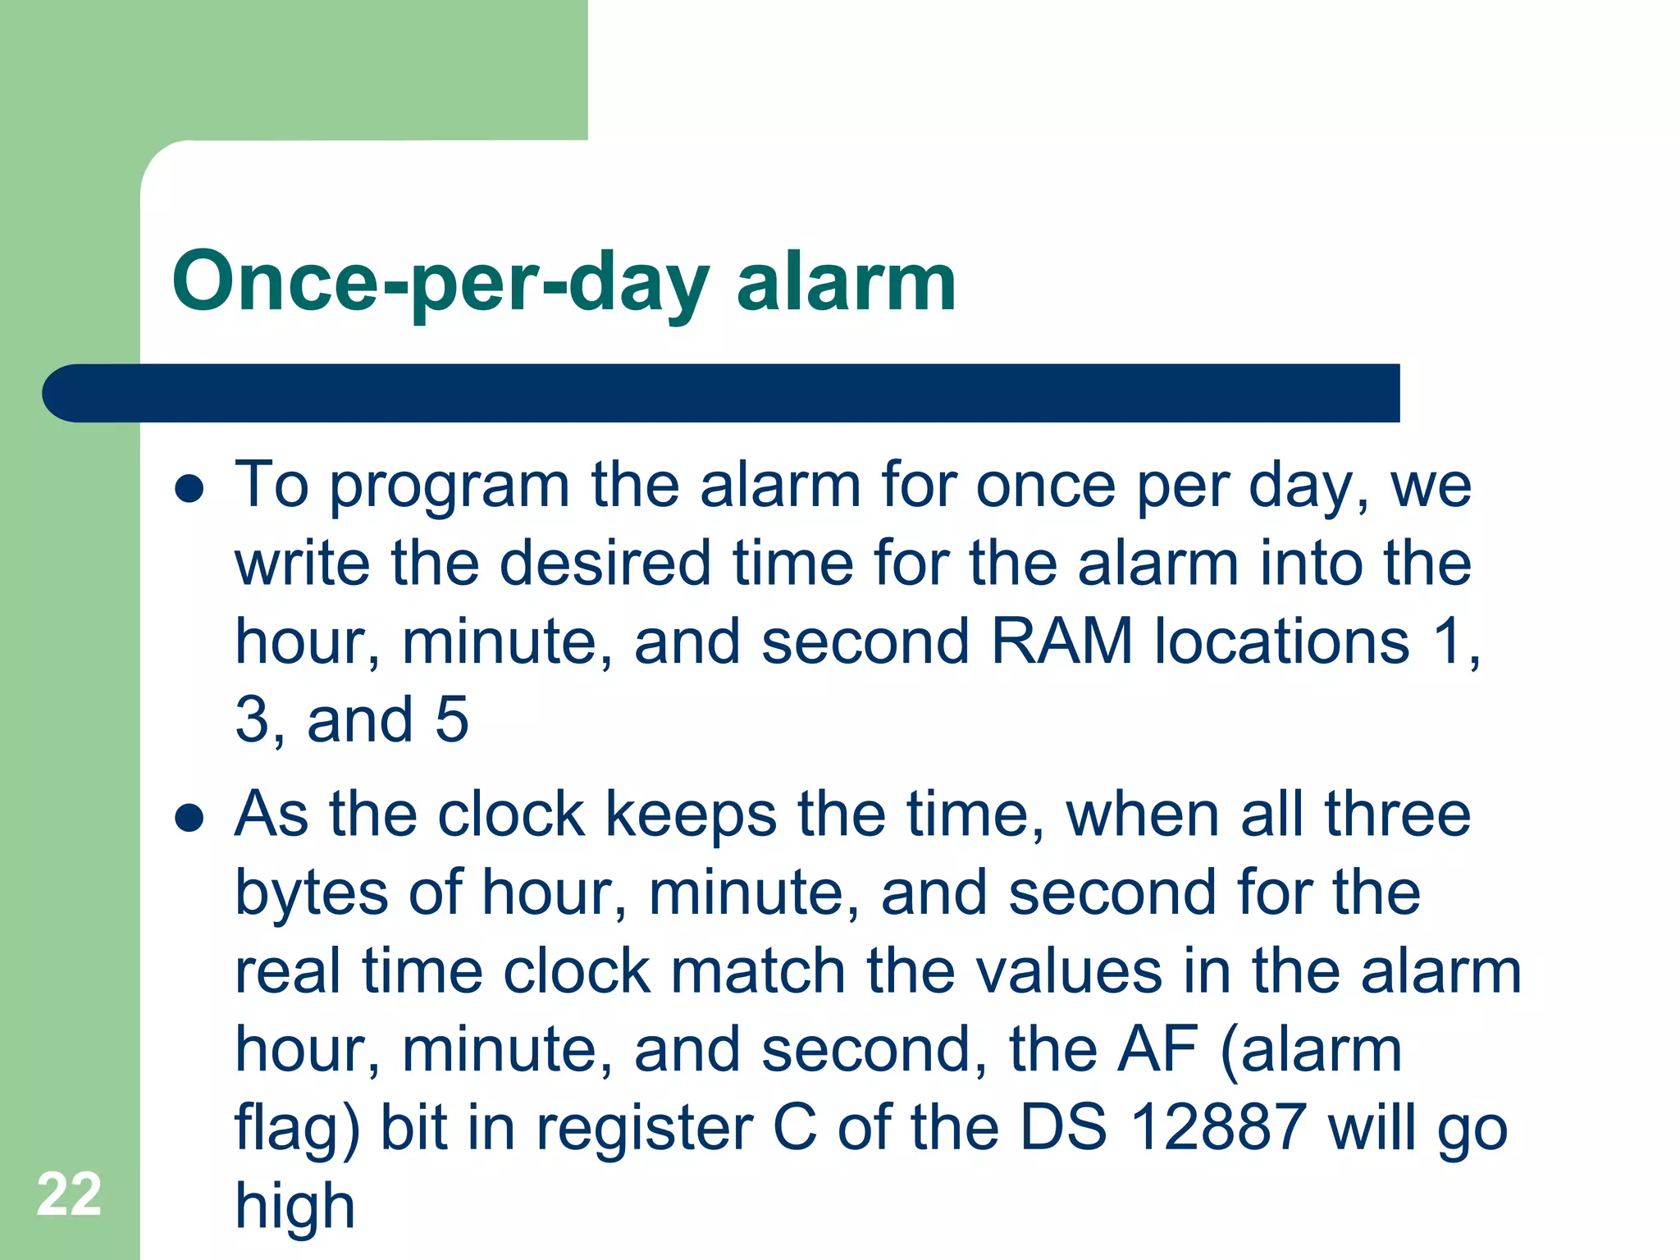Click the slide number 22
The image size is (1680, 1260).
[69, 1194]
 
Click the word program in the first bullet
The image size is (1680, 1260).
[450, 487]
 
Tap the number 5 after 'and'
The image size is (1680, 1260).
[452, 719]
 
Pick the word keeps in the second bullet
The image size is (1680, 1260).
[691, 815]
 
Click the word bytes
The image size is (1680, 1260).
[311, 894]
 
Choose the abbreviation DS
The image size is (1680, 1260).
[1063, 1127]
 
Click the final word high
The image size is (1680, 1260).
[295, 1206]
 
